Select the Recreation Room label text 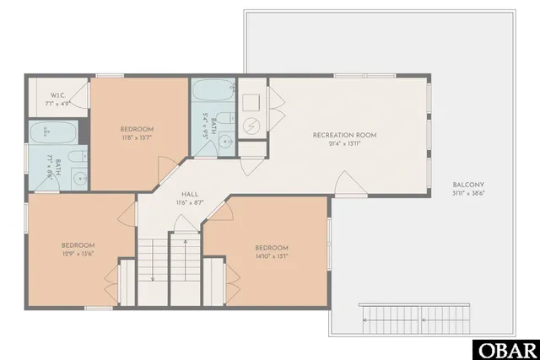pyautogui.click(x=344, y=135)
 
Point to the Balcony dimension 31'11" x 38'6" pyautogui.click(x=467, y=193)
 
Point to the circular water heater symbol pyautogui.click(x=253, y=125)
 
